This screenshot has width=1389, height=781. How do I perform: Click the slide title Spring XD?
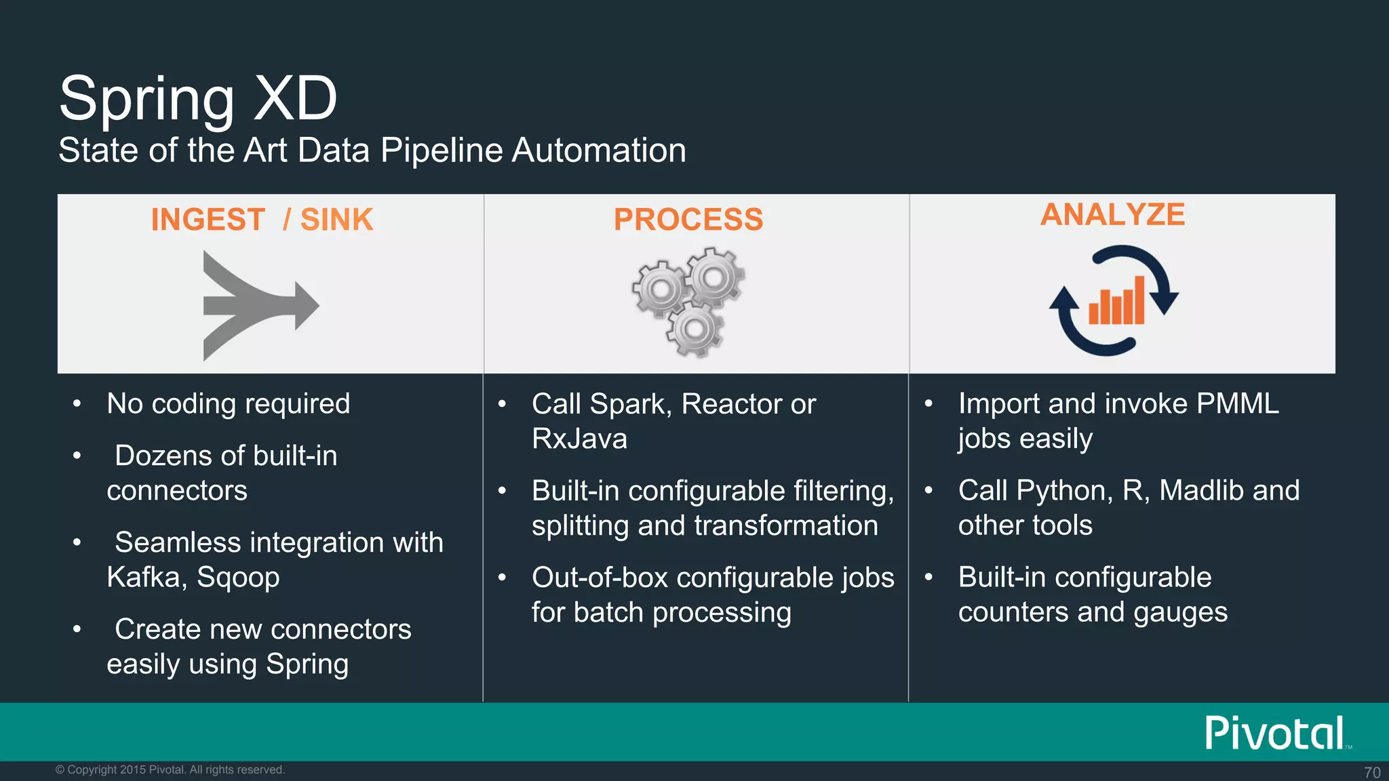click(198, 99)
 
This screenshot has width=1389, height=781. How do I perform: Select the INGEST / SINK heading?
click(262, 220)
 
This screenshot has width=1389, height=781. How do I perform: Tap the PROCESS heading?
click(688, 220)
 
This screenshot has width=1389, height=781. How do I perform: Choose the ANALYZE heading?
click(1112, 215)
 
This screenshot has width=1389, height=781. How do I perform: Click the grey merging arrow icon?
click(258, 305)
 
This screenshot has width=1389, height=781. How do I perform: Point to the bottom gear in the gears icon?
click(694, 330)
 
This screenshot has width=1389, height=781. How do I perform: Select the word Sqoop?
click(238, 578)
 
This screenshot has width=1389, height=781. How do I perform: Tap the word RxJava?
click(579, 439)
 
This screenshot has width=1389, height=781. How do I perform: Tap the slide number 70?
click(1372, 772)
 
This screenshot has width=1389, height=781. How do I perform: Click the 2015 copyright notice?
click(170, 769)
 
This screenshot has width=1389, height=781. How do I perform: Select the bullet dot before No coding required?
click(77, 404)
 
